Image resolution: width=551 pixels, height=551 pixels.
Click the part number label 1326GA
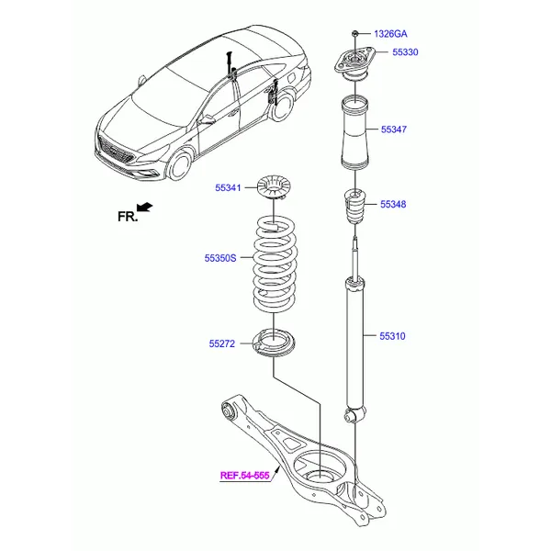(x=390, y=33)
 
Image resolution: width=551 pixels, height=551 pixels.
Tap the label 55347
(x=393, y=129)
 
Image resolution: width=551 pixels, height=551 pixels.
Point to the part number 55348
(x=393, y=204)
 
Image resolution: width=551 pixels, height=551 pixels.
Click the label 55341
(x=228, y=188)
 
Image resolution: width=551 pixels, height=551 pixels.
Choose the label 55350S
(x=220, y=258)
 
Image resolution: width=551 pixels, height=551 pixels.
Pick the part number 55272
(x=222, y=344)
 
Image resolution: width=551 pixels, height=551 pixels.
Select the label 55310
(x=392, y=336)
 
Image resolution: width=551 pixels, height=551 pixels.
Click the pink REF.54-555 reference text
(x=245, y=476)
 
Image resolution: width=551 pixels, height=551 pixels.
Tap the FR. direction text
(x=127, y=217)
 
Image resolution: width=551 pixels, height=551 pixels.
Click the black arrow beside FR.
(x=146, y=210)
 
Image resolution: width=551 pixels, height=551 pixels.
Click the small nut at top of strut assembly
(x=354, y=34)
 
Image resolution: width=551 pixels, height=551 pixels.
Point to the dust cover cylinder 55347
(x=354, y=133)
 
